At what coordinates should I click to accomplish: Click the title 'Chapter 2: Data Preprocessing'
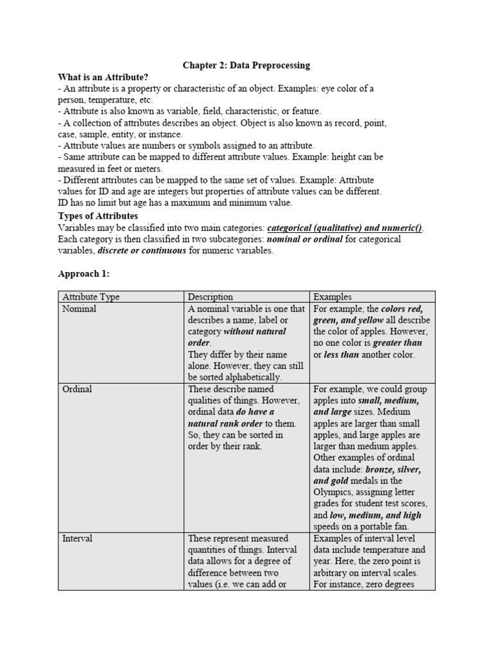(246, 65)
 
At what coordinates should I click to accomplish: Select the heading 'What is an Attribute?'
(101, 76)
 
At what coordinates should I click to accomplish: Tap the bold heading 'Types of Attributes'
(98, 216)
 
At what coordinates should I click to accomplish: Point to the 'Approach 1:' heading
(83, 273)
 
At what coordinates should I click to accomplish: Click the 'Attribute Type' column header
(91, 297)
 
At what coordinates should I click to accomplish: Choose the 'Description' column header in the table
(211, 297)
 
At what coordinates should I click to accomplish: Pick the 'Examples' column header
(332, 297)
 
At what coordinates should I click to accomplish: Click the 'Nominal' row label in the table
(79, 309)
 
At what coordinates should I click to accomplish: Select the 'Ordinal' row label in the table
(77, 389)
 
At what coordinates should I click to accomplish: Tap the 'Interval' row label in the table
(77, 538)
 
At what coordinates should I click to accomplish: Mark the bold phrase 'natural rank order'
(226, 423)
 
